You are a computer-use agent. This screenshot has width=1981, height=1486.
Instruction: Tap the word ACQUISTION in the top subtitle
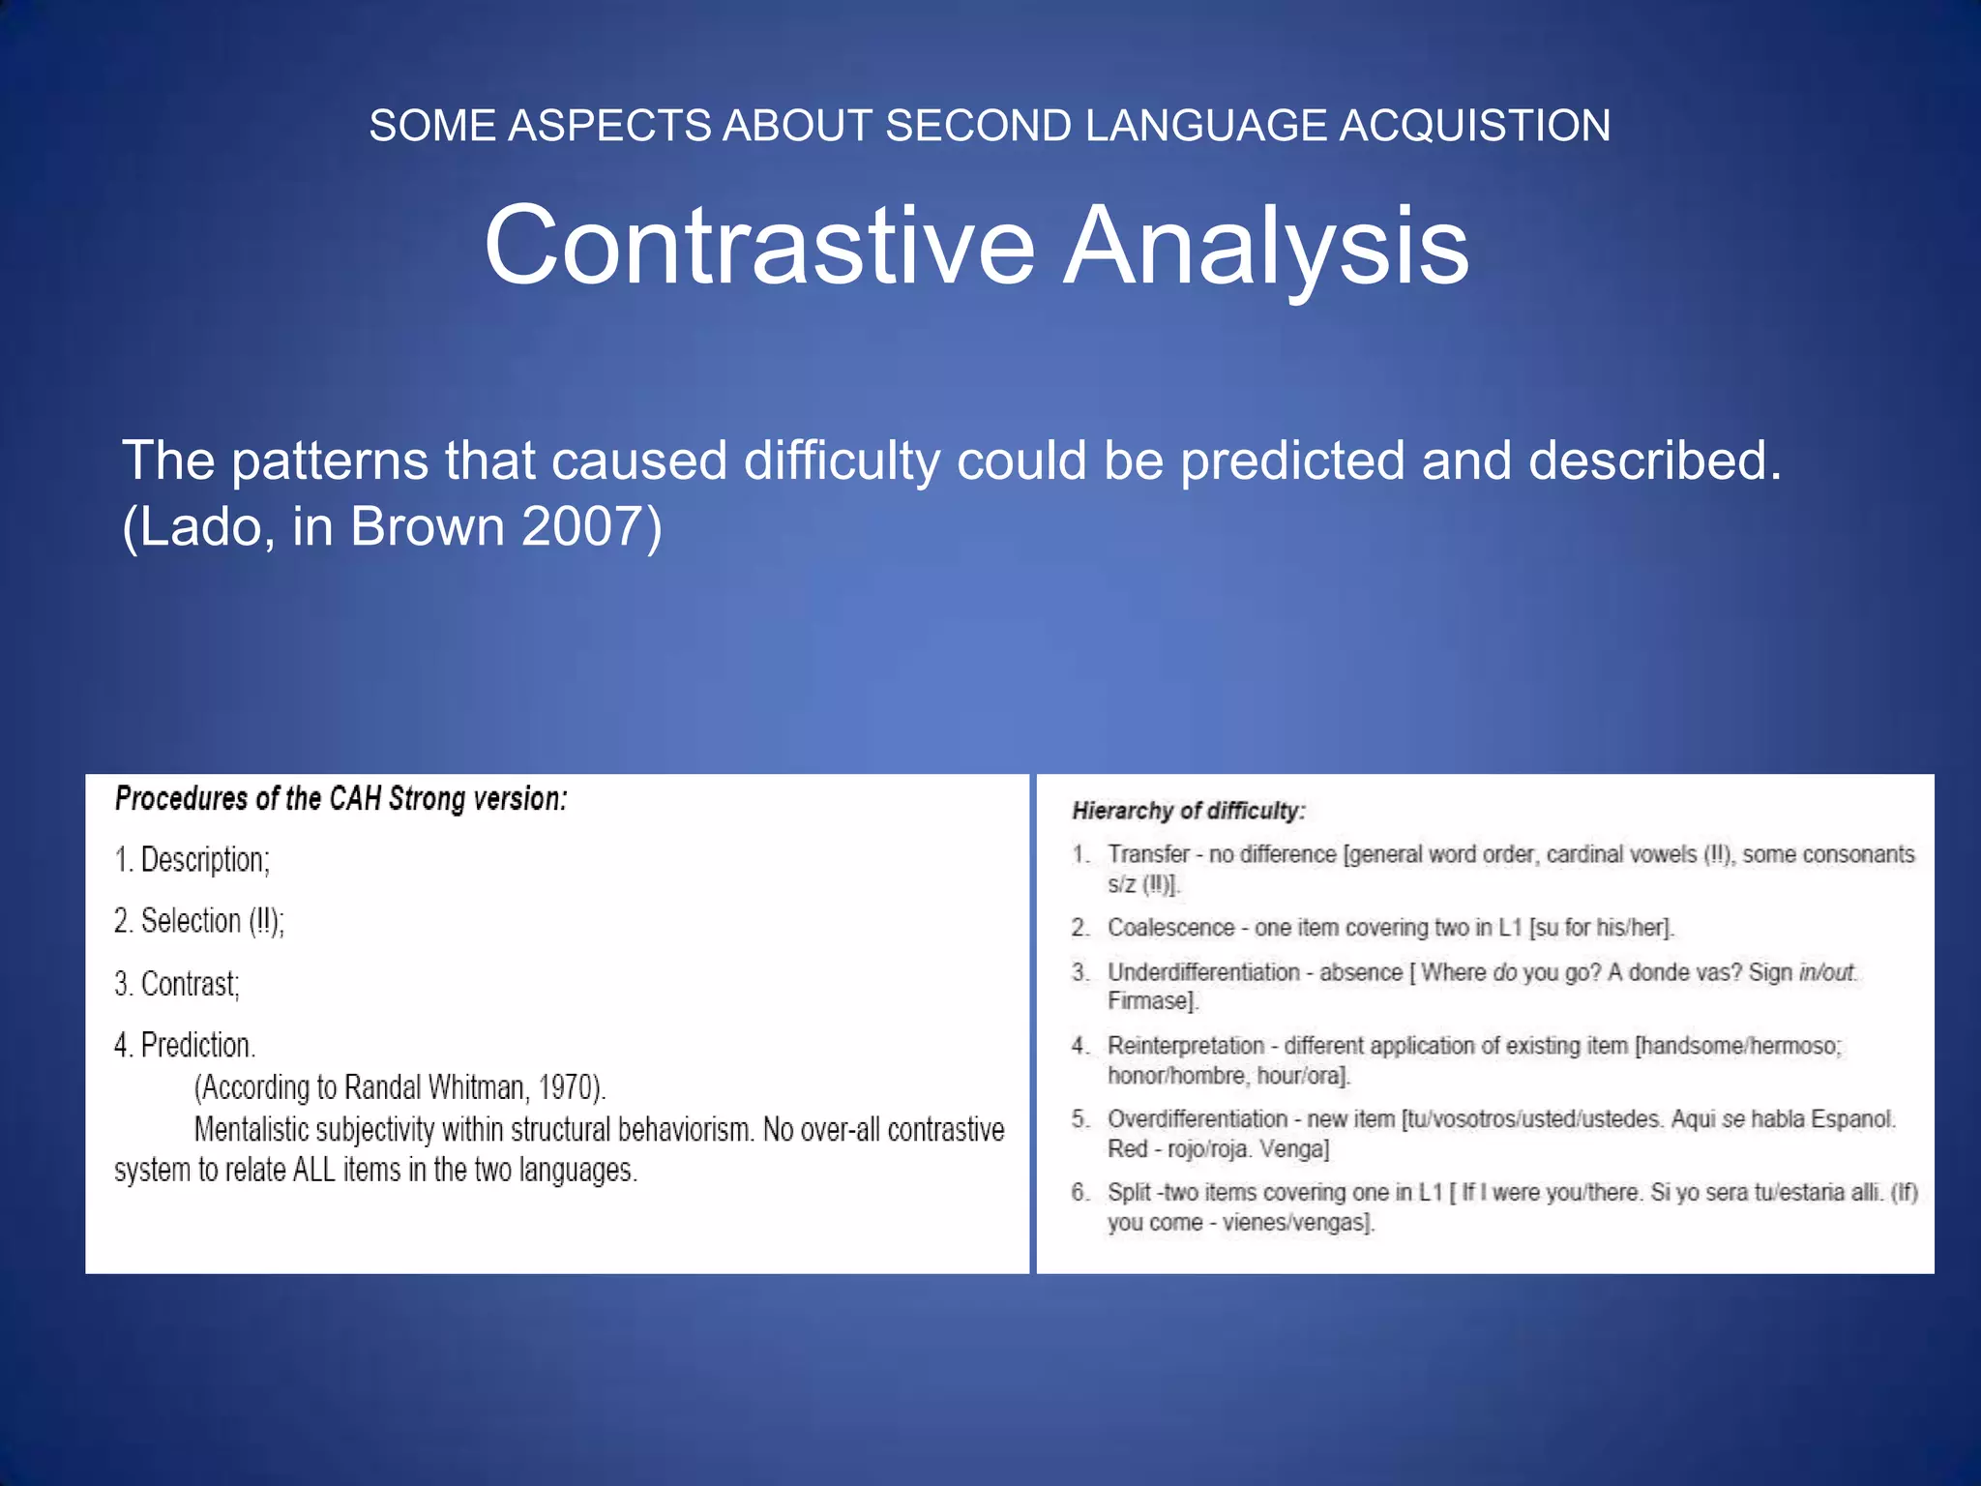(1474, 126)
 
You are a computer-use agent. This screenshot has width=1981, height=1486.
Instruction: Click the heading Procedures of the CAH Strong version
(340, 799)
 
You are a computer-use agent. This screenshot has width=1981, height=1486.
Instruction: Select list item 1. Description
(192, 859)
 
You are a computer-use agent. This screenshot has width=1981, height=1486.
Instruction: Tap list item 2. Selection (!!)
(199, 921)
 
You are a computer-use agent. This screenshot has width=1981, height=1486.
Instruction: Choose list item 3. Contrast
(177, 984)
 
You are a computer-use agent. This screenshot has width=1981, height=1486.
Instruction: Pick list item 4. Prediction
(185, 1045)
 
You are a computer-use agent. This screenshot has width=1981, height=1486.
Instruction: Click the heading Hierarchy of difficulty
(1188, 811)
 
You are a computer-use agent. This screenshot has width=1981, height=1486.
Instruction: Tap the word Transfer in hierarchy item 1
(1148, 854)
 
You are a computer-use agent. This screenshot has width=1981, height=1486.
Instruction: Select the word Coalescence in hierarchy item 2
(1170, 927)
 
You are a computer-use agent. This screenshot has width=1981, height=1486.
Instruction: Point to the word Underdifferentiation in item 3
(1203, 972)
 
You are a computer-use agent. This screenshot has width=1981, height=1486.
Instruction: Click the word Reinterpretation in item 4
(1186, 1046)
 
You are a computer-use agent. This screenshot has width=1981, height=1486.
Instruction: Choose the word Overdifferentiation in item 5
(1197, 1119)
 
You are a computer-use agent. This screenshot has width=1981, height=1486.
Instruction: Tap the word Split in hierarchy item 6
(1129, 1192)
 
